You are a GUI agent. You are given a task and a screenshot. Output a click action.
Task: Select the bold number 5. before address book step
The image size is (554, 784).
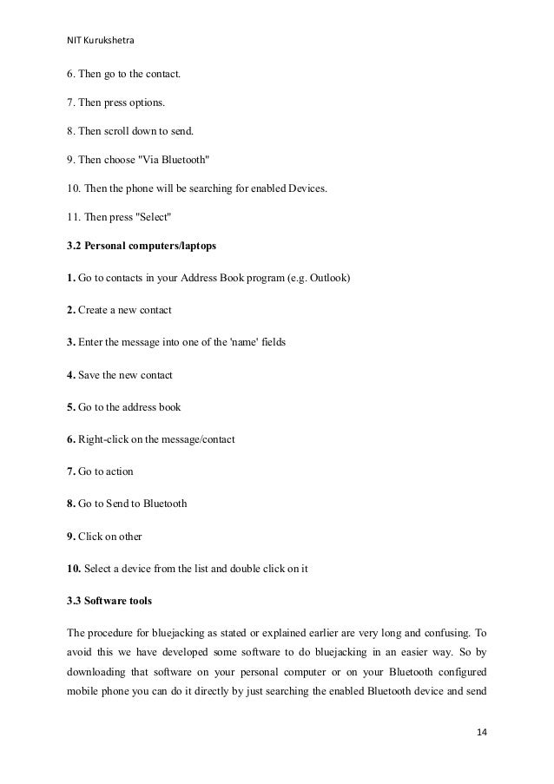pyautogui.click(x=71, y=406)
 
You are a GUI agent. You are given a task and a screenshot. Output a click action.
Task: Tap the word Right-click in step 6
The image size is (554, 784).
pyautogui.click(x=103, y=439)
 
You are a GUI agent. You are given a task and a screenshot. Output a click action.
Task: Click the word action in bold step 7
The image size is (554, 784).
pyautogui.click(x=117, y=471)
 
